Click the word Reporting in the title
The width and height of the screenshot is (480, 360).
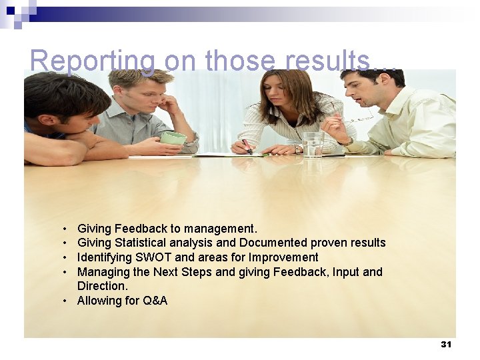coord(92,61)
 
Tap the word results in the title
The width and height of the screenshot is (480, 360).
coord(327,61)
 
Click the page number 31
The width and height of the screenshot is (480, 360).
coord(446,344)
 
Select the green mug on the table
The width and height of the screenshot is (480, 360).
coord(173,138)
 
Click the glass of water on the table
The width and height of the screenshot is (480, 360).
coord(312,143)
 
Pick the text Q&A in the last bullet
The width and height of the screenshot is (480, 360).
coord(155,301)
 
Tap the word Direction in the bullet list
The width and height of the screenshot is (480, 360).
coord(101,286)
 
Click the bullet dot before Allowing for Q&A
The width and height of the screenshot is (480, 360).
coord(65,301)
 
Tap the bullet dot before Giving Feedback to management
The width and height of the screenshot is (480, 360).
coord(65,229)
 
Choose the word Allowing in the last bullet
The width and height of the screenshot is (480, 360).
coord(98,301)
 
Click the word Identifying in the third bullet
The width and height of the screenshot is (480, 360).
coord(103,257)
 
